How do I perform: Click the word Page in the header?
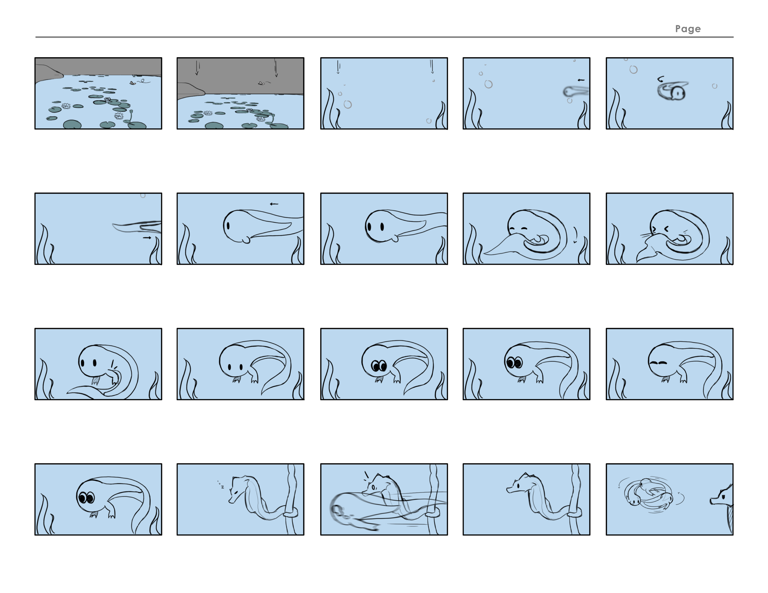tap(688, 29)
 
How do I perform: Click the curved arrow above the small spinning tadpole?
tap(660, 79)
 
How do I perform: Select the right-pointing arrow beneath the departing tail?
tap(147, 238)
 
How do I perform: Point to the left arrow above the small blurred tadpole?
tap(581, 80)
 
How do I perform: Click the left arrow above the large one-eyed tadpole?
tap(274, 204)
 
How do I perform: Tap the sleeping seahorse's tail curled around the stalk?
tap(290, 514)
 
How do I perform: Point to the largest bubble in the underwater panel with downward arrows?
tap(348, 104)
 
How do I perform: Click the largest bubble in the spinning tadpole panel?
tap(633, 70)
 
